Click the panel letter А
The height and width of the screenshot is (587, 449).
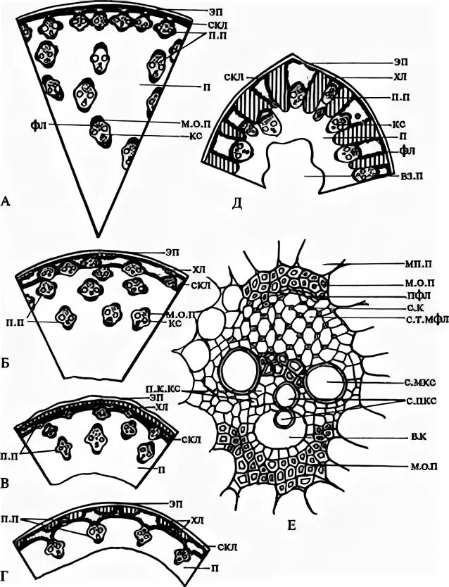6,203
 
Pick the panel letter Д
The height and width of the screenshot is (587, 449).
237,204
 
